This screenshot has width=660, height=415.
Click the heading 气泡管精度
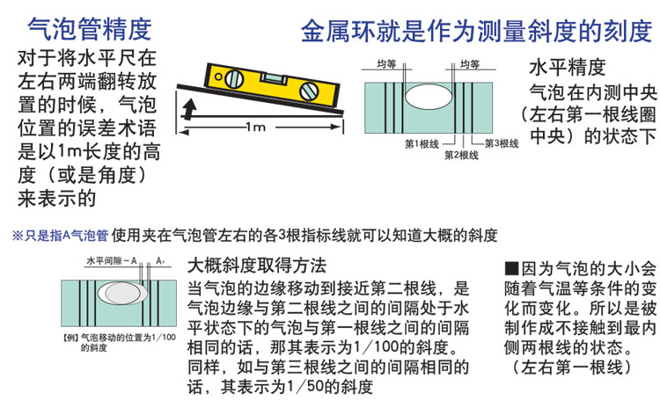click(x=89, y=29)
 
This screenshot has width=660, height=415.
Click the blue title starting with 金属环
click(x=476, y=31)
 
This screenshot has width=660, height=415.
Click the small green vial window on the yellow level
click(x=274, y=78)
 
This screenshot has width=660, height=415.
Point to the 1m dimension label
click(x=255, y=127)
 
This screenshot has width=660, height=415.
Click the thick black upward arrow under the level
click(x=190, y=109)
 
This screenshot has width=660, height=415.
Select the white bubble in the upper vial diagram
click(x=429, y=97)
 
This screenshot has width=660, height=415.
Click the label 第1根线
click(x=422, y=144)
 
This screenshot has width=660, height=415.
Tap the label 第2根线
click(x=462, y=155)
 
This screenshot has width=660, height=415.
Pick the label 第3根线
click(x=502, y=144)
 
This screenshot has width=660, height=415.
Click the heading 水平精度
click(x=567, y=68)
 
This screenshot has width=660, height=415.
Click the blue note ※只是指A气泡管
click(x=60, y=236)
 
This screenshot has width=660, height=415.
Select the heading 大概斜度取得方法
click(x=257, y=266)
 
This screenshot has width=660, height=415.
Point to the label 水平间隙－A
click(x=112, y=261)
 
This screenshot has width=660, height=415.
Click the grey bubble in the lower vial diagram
click(x=122, y=293)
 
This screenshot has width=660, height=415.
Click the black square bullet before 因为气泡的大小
click(x=511, y=268)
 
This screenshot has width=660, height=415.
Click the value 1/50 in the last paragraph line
click(x=304, y=386)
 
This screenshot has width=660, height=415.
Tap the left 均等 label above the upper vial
click(x=386, y=64)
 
